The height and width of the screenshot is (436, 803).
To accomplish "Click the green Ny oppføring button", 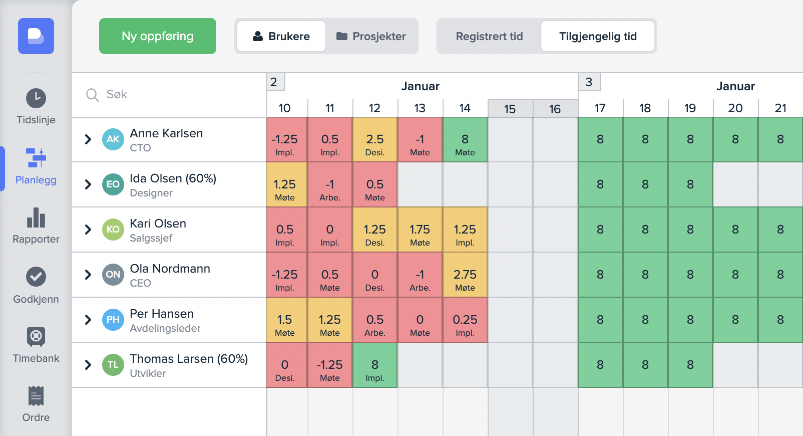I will [x=157, y=36].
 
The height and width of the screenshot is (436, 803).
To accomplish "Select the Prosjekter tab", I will [x=371, y=36].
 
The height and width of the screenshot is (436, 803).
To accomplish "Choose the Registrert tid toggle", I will [x=489, y=36].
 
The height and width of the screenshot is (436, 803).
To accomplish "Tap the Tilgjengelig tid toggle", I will [x=598, y=36].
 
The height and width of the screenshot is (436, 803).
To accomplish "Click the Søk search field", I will [x=170, y=95].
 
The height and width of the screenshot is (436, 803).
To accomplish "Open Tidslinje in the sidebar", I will [x=36, y=106].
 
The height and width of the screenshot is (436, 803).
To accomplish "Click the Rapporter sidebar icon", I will [x=36, y=218].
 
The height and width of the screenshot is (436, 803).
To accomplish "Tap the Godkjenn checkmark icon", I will [x=36, y=277].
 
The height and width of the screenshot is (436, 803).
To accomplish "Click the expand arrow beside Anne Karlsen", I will [x=88, y=139].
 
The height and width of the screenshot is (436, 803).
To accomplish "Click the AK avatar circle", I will [x=113, y=139].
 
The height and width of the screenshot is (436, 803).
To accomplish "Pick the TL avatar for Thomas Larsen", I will [x=113, y=365].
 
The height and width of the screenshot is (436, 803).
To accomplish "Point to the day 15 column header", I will [x=510, y=109].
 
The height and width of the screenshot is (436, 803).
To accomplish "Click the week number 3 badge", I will [x=589, y=82].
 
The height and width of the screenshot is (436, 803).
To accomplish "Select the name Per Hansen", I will [x=162, y=314].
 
